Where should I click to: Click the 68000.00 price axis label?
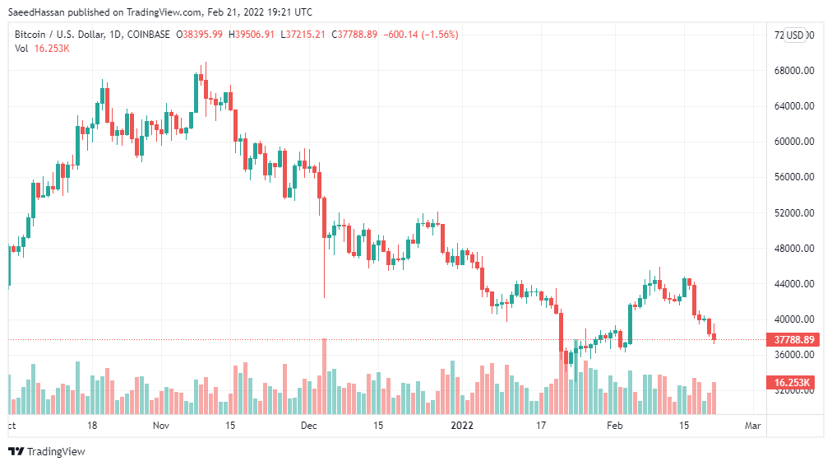coord(793,71)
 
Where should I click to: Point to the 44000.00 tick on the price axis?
coord(793,284)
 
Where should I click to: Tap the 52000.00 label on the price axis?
coord(793,213)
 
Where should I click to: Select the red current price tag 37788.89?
coord(793,339)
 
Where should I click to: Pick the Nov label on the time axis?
coord(160,426)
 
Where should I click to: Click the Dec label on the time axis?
coord(309,426)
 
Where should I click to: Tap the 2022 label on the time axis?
coord(463,426)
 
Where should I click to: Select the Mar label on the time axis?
coord(752,426)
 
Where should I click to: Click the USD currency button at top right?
coord(794,35)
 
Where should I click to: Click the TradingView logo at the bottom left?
coord(47,451)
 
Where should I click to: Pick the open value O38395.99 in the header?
coord(201,35)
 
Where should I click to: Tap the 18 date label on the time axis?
coord(92,426)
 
